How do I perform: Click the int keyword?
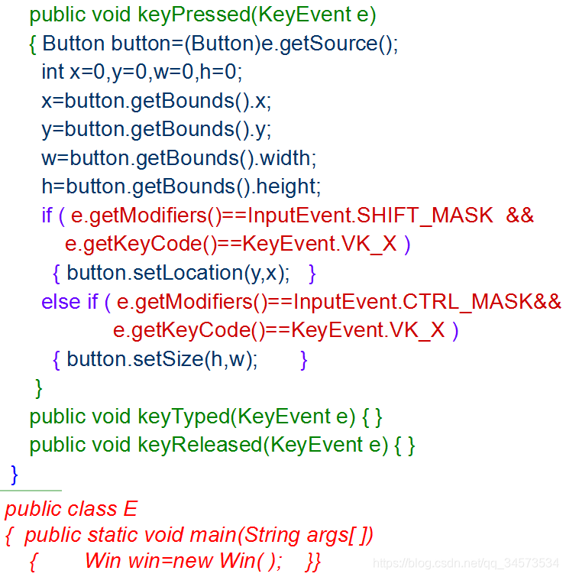[x=53, y=72]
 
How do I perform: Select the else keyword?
[x=60, y=302]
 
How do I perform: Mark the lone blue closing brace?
[x=14, y=474]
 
